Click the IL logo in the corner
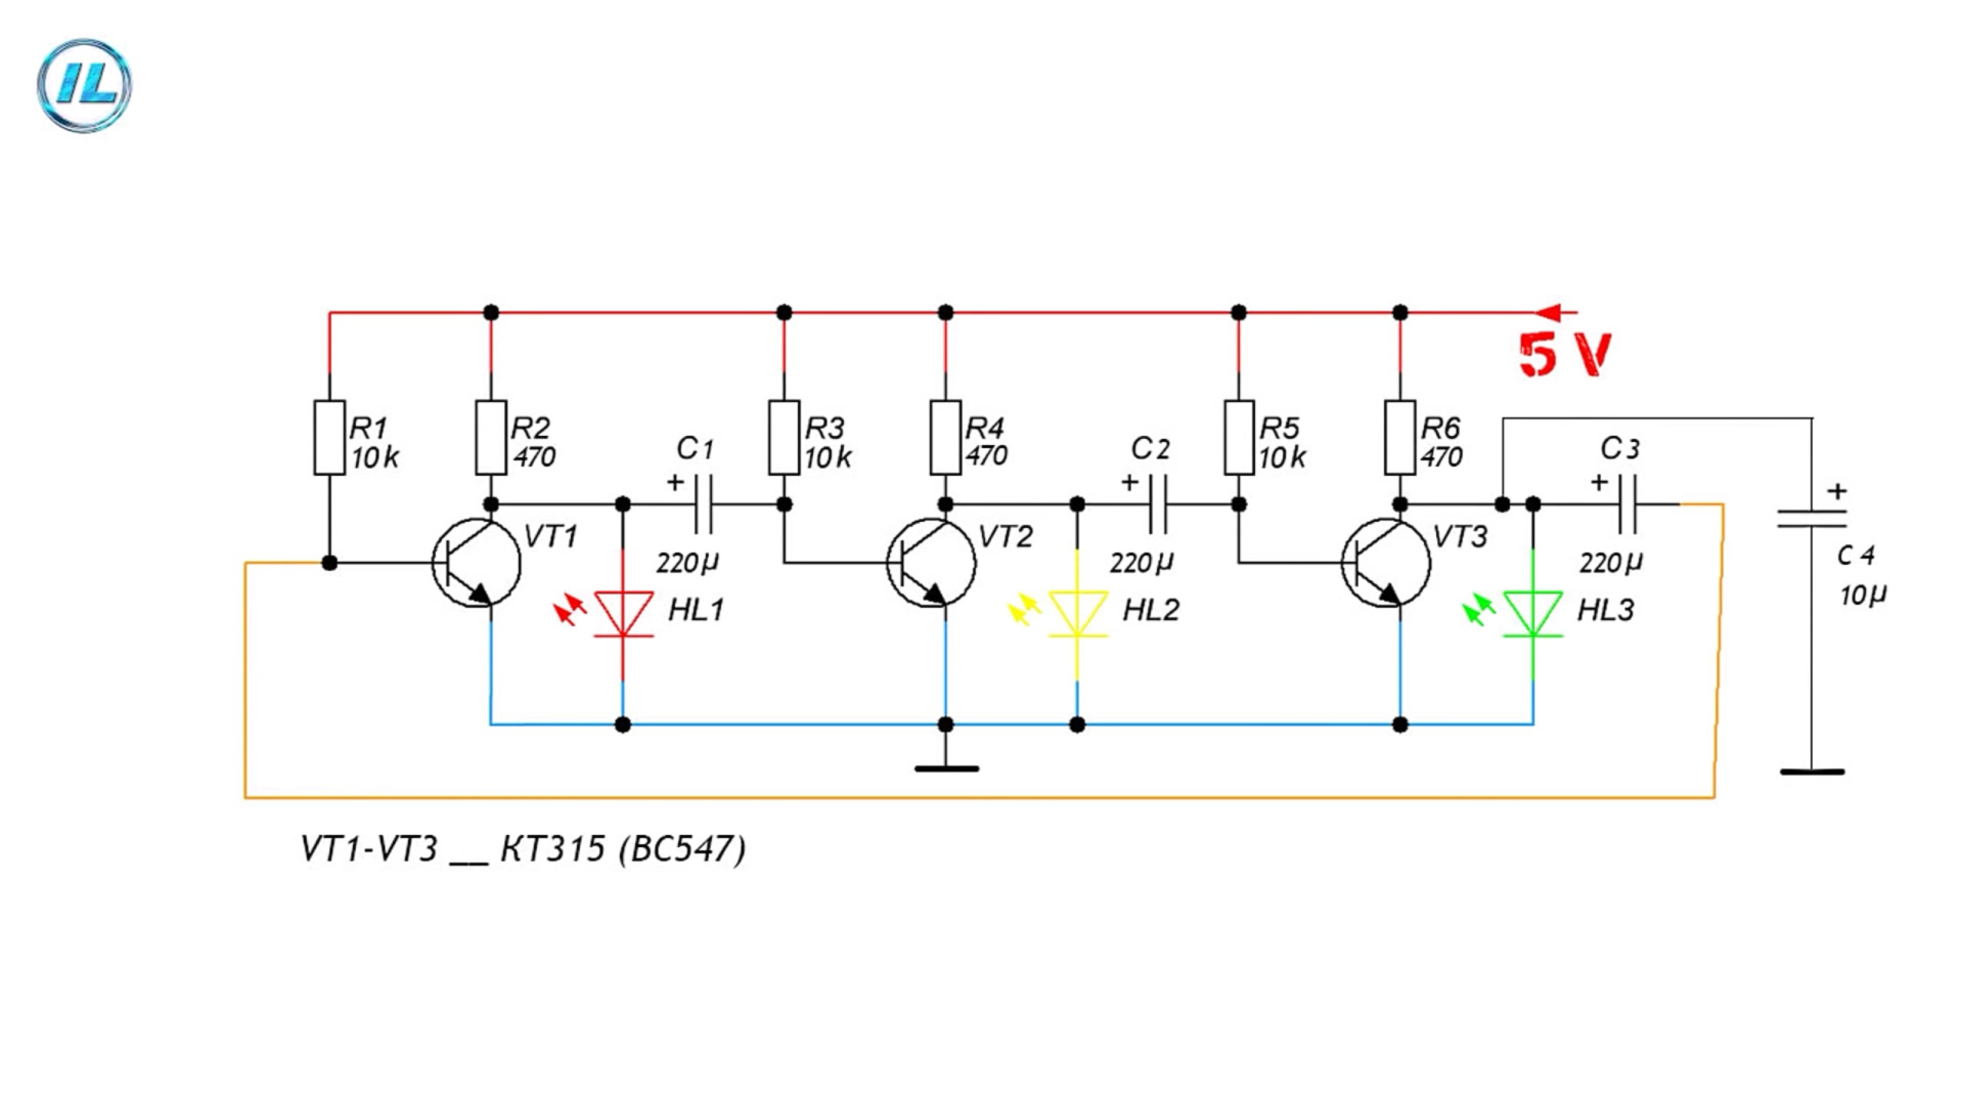pyautogui.click(x=84, y=85)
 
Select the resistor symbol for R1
pyautogui.click(x=329, y=437)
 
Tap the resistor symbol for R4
pyautogui.click(x=945, y=437)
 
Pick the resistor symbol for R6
pyautogui.click(x=1400, y=437)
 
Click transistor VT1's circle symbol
pyautogui.click(x=476, y=562)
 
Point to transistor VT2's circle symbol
pyautogui.click(x=931, y=562)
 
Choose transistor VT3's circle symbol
pyautogui.click(x=1386, y=562)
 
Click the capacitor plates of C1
pyautogui.click(x=703, y=504)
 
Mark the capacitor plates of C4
pyautogui.click(x=1811, y=520)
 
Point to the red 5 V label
pyautogui.click(x=1565, y=355)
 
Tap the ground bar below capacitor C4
pyautogui.click(x=1811, y=772)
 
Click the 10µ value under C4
pyautogui.click(x=1863, y=595)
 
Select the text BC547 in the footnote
pyautogui.click(x=683, y=849)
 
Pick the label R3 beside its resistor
pyautogui.click(x=825, y=427)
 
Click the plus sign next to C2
pyautogui.click(x=1129, y=483)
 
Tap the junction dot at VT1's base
pyautogui.click(x=329, y=563)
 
